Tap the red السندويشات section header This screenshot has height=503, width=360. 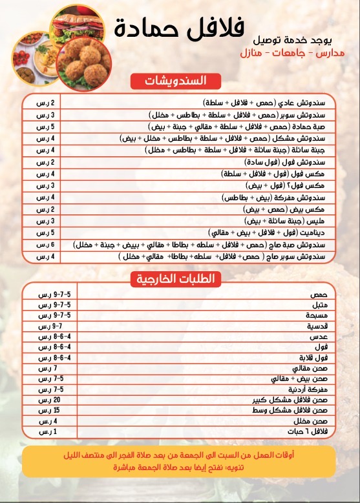click(176, 81)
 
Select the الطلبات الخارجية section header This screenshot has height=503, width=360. click(176, 278)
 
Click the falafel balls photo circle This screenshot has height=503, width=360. click(83, 63)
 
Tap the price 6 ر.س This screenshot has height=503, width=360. click(45, 245)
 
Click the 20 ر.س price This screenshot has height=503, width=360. click(44, 400)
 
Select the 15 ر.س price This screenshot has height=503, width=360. click(44, 411)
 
